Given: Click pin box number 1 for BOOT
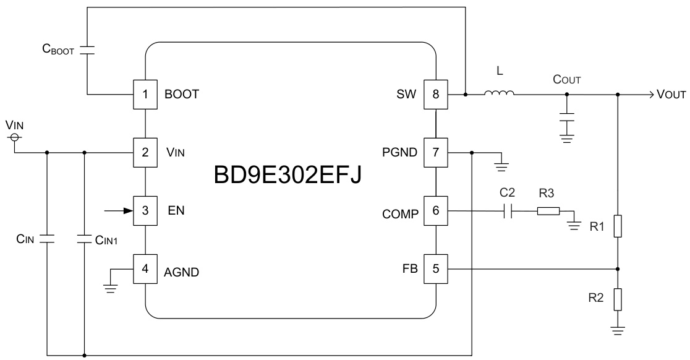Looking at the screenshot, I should pyautogui.click(x=145, y=95).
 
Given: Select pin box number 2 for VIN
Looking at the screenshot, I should pyautogui.click(x=145, y=152).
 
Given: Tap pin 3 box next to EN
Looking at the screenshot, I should pyautogui.click(x=145, y=210).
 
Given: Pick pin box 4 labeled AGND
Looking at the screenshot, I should pyautogui.click(x=145, y=269).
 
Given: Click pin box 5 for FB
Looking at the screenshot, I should pyautogui.click(x=435, y=269).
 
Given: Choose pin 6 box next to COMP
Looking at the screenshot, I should pyautogui.click(x=435, y=211).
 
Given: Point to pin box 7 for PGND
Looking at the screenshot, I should pyautogui.click(x=435, y=152).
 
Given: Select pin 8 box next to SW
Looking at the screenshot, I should pyautogui.click(x=435, y=95).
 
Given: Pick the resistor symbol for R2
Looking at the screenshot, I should pyautogui.click(x=618, y=299).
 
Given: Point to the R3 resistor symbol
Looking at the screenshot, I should pyautogui.click(x=548, y=211).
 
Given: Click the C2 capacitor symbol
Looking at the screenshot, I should pyautogui.click(x=508, y=211).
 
